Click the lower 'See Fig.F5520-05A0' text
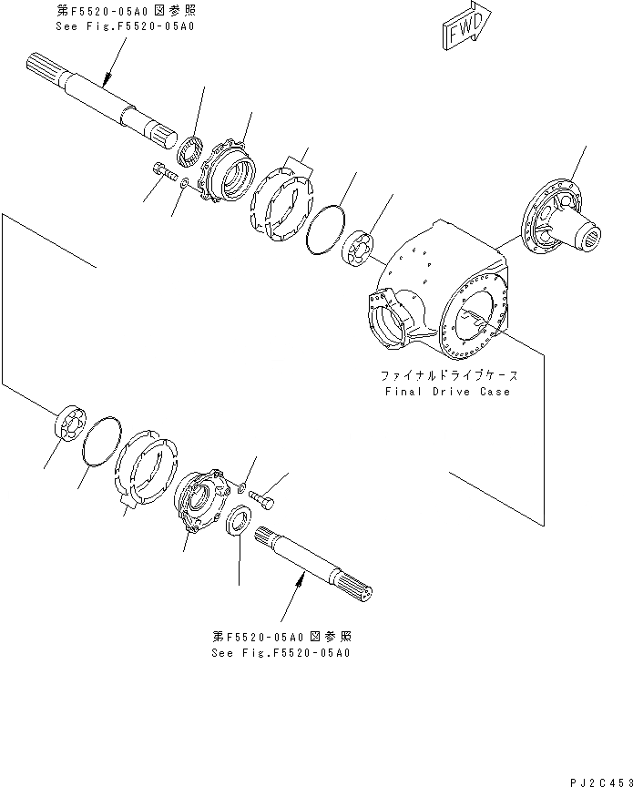pos(281,653)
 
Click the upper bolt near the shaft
pos(161,170)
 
